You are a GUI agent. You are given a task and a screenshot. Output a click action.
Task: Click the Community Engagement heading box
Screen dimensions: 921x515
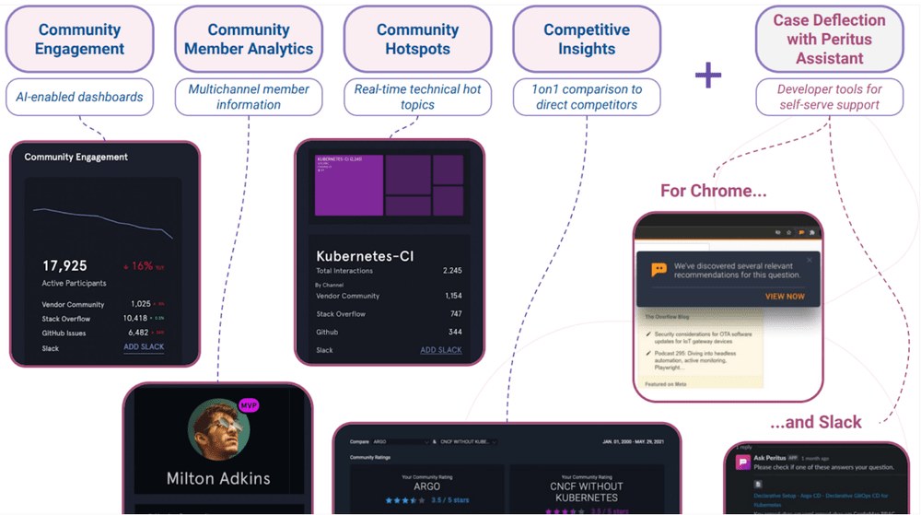[79, 40]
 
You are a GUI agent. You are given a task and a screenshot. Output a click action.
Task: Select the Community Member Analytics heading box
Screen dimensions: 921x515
[249, 40]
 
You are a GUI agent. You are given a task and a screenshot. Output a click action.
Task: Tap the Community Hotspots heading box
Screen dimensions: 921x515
[417, 40]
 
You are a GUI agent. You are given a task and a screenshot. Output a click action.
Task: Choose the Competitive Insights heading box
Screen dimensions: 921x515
[587, 40]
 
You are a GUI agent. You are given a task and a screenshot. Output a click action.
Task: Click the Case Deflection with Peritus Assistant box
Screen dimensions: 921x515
[829, 40]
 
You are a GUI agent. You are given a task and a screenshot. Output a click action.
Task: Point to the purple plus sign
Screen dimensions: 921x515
[708, 75]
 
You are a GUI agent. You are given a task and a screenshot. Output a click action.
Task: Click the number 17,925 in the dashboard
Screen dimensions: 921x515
[64, 266]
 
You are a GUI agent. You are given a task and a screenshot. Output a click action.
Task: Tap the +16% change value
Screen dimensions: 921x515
[138, 266]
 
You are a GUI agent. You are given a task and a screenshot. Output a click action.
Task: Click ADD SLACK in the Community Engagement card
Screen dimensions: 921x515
[144, 347]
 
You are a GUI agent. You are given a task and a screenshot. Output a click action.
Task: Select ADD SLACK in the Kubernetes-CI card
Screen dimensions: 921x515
[441, 350]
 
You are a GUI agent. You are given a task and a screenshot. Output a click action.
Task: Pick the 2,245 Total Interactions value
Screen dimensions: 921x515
[451, 271]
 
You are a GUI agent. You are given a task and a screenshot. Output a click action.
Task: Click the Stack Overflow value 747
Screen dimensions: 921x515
[455, 314]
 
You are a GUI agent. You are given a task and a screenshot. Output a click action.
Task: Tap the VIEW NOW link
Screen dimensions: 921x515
[785, 297]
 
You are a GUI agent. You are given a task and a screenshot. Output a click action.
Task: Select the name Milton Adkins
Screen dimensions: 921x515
[218, 478]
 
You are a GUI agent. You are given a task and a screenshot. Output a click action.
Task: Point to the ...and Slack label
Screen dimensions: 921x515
[815, 422]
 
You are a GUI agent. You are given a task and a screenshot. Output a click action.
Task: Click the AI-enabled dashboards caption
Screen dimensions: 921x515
[79, 97]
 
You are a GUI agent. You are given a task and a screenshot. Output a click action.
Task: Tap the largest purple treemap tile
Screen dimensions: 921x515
[349, 185]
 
